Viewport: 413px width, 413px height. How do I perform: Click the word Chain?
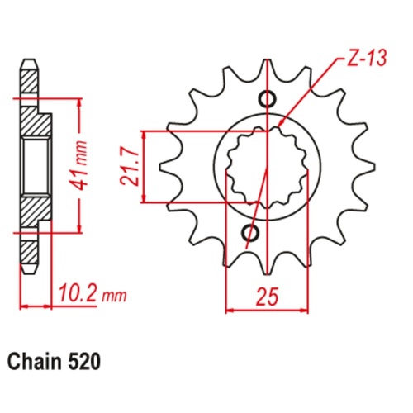(37, 362)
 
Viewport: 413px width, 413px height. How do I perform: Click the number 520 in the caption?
(88, 362)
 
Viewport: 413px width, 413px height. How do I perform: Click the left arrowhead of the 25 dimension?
(230, 311)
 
